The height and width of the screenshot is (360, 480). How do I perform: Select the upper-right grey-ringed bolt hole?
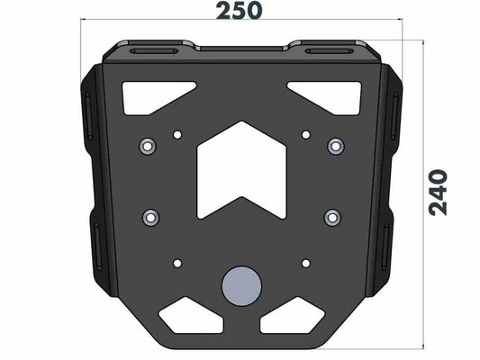coord(336,146)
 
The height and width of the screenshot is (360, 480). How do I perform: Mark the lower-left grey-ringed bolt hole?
coord(150,216)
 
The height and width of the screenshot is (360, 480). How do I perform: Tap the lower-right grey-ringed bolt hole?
coord(332,216)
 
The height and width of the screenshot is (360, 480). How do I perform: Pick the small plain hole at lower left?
coord(177,263)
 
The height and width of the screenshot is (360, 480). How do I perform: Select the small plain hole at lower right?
coord(306,263)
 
